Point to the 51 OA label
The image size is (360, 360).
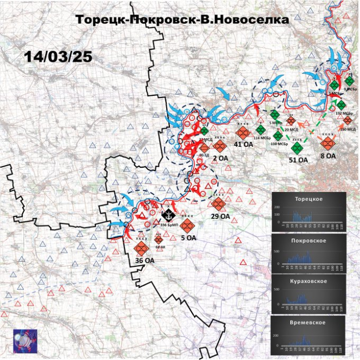(298, 160)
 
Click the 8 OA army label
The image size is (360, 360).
(328, 156)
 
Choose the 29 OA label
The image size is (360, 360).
(220, 216)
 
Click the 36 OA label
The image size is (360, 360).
(143, 260)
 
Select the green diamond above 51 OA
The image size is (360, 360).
(297, 147)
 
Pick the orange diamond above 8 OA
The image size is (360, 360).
(327, 143)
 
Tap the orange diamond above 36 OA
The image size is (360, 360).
(142, 248)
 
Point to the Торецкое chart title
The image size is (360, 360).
(309, 199)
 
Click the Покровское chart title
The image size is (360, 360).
(309, 239)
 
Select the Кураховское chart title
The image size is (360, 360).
(309, 281)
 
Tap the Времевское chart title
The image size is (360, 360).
(309, 323)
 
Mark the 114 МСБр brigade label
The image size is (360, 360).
(262, 138)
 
